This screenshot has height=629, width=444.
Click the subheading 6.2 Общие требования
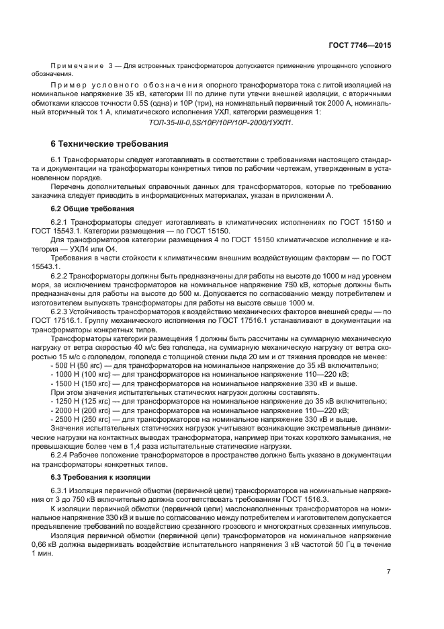(x=84, y=209)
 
